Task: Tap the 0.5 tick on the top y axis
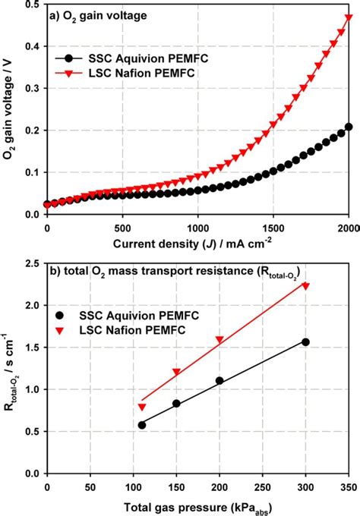pos(33,5)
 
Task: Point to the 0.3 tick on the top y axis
pos(33,88)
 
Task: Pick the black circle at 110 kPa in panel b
pos(141,425)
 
